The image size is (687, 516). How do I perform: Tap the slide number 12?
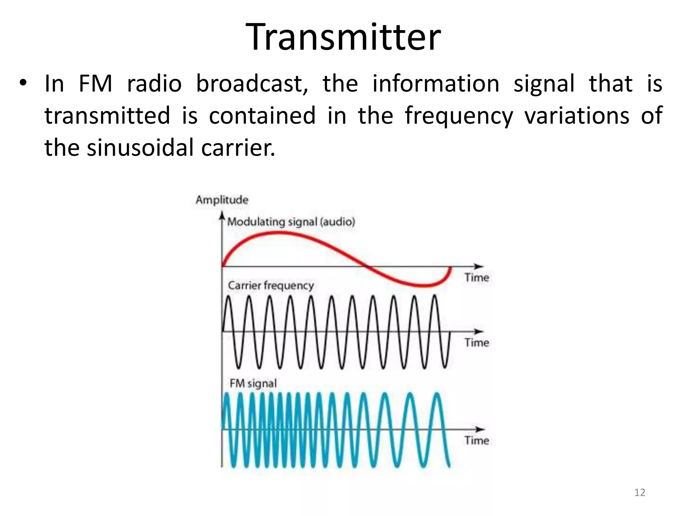[x=640, y=492]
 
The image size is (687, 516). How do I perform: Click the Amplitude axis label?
[x=222, y=200]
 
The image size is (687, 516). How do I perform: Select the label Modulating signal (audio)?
[x=291, y=222]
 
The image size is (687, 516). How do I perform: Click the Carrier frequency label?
[x=271, y=286]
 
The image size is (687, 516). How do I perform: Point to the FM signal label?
[x=253, y=383]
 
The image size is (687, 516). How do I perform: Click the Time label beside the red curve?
[x=477, y=277]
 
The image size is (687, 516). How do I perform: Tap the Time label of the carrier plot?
[x=477, y=343]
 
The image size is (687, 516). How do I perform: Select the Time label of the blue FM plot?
[x=477, y=440]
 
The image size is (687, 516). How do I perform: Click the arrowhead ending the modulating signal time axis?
[x=481, y=266]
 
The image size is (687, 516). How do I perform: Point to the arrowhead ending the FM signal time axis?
[x=481, y=429]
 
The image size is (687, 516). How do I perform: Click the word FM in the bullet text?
[x=95, y=84]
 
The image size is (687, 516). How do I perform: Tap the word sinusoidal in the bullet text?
[x=140, y=148]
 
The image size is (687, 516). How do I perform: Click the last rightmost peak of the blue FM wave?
[x=436, y=394]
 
